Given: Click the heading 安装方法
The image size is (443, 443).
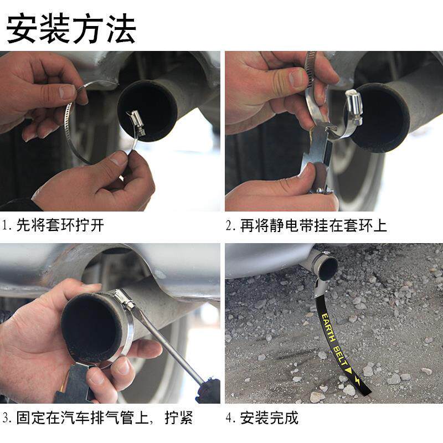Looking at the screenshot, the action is (x=71, y=29).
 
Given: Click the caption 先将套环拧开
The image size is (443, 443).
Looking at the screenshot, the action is (x=60, y=225).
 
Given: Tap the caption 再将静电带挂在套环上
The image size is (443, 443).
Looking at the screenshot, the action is (x=313, y=225).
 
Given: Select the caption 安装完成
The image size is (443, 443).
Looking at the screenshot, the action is (x=269, y=418).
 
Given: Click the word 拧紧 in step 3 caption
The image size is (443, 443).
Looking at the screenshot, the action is (x=179, y=418).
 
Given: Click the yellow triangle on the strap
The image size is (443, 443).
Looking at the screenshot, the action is (x=349, y=371).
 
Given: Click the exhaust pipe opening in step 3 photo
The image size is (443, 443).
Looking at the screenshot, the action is (x=92, y=328).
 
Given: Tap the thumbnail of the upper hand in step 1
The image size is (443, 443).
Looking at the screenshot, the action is (x=67, y=92).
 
